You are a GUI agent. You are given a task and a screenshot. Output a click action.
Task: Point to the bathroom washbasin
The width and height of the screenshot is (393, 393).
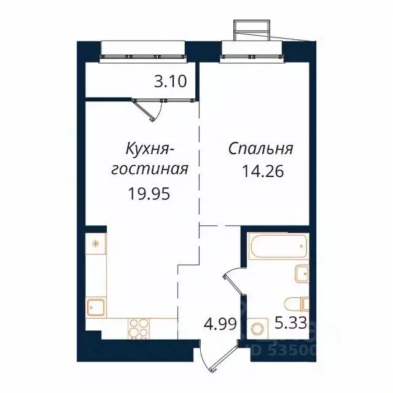pyautogui.click(x=302, y=273)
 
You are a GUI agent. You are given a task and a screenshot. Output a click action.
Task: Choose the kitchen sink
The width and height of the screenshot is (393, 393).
pyautogui.click(x=96, y=306)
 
